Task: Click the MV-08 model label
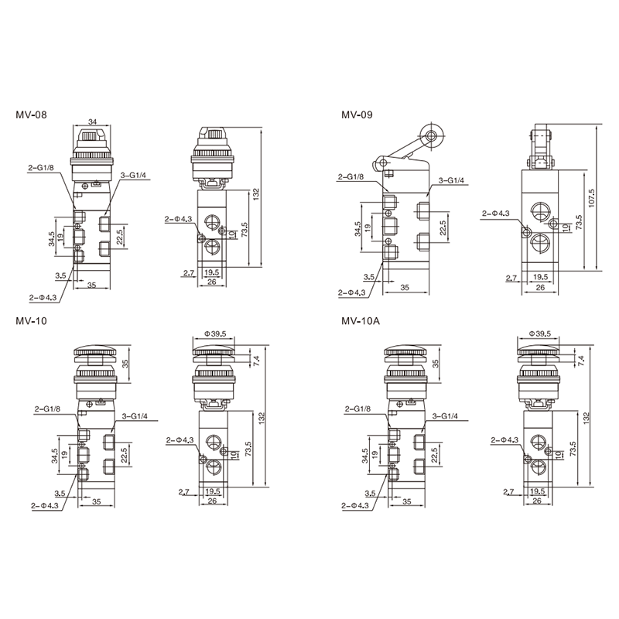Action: point(31,115)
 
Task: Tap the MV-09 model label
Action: point(357,115)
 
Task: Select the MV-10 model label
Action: point(31,320)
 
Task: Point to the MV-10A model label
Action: point(361,320)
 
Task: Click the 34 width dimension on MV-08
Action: point(92,121)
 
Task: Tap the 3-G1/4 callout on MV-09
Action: point(452,180)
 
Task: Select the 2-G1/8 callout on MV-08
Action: point(41,167)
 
